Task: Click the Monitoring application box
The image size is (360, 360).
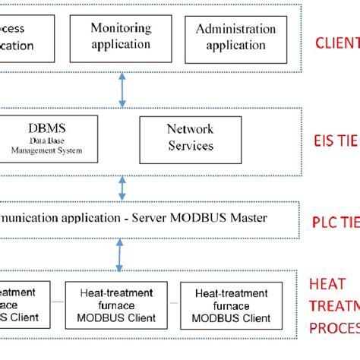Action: [121, 36]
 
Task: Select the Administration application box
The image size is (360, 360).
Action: [235, 37]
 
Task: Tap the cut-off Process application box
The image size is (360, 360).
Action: [25, 37]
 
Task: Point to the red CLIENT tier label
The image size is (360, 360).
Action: [336, 41]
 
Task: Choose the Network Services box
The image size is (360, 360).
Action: [189, 137]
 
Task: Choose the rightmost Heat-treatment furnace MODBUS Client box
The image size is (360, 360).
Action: [232, 305]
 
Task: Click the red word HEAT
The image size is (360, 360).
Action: [327, 283]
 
